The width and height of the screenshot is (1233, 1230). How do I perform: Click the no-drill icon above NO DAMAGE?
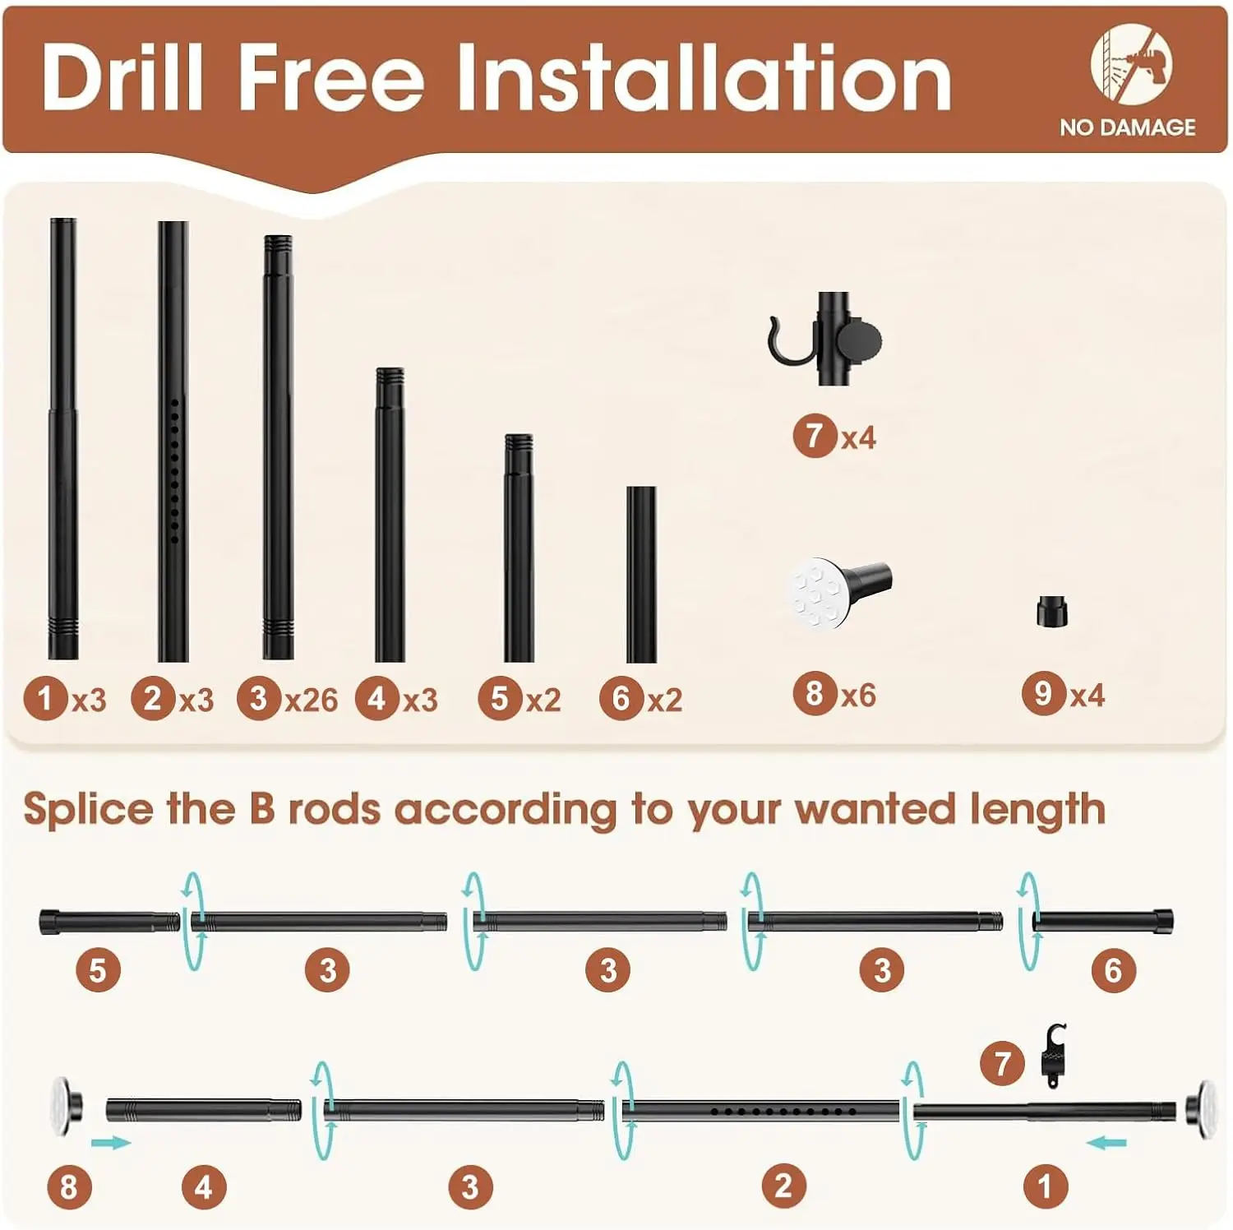pos(1132,63)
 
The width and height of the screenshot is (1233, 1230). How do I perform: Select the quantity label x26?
pos(311,700)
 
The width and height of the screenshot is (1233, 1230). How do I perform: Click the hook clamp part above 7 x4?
pos(825,338)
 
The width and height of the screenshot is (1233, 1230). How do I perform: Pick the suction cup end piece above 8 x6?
pos(838,591)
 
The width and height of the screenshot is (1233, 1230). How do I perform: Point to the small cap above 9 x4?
pos(1051,612)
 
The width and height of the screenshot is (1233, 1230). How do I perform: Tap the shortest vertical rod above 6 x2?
pos(641,574)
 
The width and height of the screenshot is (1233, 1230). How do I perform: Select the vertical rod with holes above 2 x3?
pos(173,441)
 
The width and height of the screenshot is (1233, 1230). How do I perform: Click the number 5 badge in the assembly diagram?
pos(99,970)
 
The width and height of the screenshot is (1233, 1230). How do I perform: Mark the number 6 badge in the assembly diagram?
pos(1114,970)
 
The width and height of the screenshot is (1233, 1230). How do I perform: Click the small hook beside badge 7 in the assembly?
pos(1054,1055)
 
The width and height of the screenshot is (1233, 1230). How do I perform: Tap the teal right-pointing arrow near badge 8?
pos(111,1143)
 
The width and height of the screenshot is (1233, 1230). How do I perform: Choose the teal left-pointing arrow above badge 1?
pos(1106,1142)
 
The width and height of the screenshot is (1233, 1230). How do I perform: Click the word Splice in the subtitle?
pos(89,810)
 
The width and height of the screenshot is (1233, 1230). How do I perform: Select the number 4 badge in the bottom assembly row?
pos(204,1187)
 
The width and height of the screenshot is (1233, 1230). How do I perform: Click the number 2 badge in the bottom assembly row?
pos(783,1186)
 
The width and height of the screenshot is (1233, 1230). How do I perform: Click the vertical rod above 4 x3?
pos(390,515)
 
